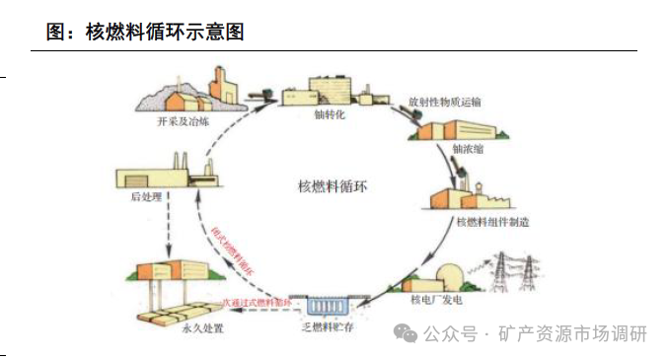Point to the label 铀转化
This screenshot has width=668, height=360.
[x=329, y=114]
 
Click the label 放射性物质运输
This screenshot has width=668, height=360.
[x=444, y=103]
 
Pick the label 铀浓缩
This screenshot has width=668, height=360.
[x=468, y=149]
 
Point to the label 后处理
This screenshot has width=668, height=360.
[x=145, y=196]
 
